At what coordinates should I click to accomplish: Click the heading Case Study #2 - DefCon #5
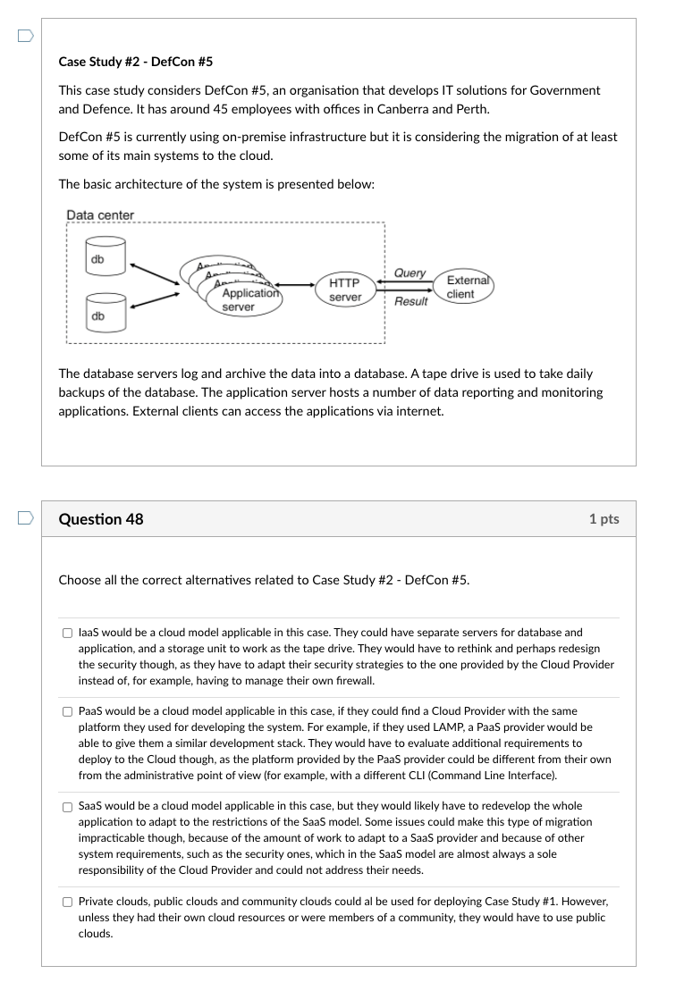click(135, 62)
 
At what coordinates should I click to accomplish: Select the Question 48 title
click(100, 519)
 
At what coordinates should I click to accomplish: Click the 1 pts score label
click(604, 519)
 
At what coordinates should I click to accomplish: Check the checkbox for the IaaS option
click(67, 633)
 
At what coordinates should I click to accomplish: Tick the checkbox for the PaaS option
click(67, 711)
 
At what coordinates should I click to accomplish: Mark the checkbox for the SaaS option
click(67, 806)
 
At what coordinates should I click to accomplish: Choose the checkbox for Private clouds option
click(67, 903)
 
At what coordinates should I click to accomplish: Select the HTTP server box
click(345, 290)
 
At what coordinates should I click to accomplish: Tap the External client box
click(468, 286)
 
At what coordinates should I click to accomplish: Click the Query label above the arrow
click(410, 273)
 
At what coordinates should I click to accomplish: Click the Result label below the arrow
click(410, 301)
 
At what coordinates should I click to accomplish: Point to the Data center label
click(100, 215)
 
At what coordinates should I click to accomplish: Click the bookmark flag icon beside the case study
click(25, 36)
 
